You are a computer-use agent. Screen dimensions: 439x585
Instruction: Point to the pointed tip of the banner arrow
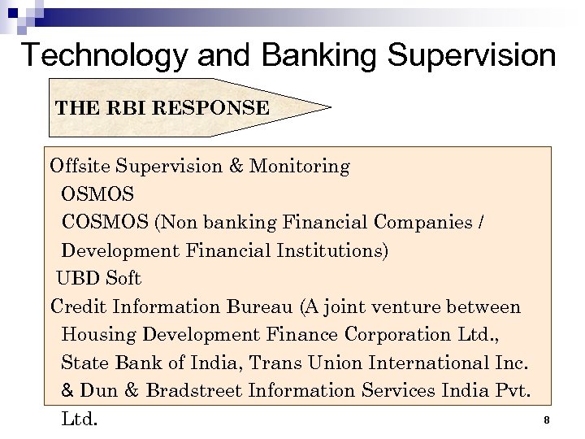330,106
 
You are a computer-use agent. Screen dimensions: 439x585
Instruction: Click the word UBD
76,279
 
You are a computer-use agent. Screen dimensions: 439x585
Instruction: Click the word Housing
96,335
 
